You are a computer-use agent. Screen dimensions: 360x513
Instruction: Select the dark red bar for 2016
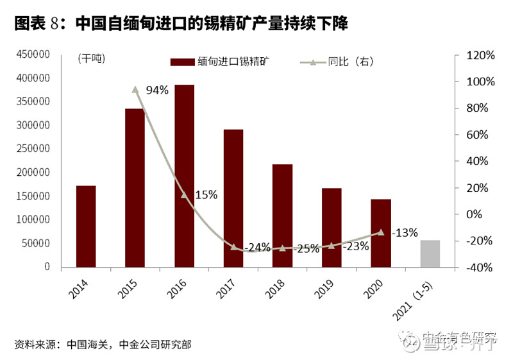tap(185, 176)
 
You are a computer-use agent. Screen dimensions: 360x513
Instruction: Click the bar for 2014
tap(86, 226)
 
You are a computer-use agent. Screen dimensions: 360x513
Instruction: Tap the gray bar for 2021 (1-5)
tap(430, 253)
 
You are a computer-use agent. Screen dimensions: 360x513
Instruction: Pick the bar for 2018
tap(282, 215)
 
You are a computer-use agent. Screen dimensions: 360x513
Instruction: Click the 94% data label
tap(157, 90)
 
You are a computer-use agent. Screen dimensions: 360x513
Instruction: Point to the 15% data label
tap(206, 194)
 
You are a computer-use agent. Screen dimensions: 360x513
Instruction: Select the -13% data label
tap(405, 232)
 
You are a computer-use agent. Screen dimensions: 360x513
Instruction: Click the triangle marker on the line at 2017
tap(233, 247)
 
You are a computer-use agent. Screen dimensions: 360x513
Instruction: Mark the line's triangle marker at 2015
tap(135, 90)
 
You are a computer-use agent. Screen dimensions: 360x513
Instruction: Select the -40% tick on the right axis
tap(479, 267)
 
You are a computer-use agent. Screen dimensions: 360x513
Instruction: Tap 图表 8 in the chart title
tap(36, 24)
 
